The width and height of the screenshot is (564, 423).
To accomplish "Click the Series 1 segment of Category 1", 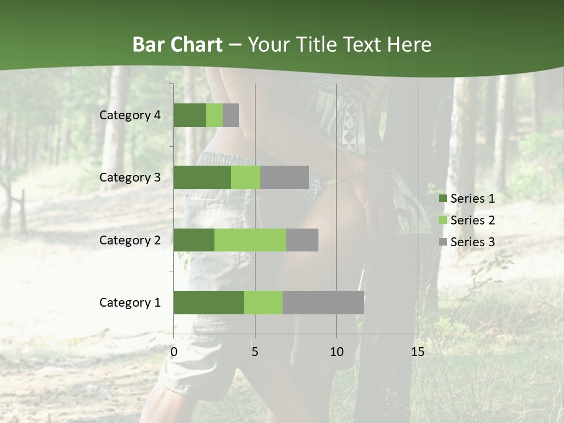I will pyautogui.click(x=209, y=303).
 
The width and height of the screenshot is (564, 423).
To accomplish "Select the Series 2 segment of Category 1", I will pyautogui.click(x=263, y=303).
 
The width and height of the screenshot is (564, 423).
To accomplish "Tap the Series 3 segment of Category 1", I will pyautogui.click(x=323, y=303).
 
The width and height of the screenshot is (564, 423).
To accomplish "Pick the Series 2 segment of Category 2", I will pyautogui.click(x=250, y=240).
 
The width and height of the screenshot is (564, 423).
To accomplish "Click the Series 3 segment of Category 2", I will pyautogui.click(x=302, y=240).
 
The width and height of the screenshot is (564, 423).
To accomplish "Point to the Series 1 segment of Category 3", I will pyautogui.click(x=202, y=177).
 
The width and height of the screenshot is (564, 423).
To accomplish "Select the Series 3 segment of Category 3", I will pyautogui.click(x=284, y=177).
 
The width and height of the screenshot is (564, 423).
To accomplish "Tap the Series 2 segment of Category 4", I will pyautogui.click(x=214, y=115).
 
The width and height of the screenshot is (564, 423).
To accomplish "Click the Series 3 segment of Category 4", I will pyautogui.click(x=231, y=115).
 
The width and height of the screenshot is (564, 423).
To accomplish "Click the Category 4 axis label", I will pyautogui.click(x=130, y=115).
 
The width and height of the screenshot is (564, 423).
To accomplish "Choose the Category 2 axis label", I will pyautogui.click(x=130, y=240).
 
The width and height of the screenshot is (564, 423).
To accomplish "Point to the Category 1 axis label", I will pyautogui.click(x=130, y=303).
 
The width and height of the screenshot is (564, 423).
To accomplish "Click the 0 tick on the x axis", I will pyautogui.click(x=174, y=352).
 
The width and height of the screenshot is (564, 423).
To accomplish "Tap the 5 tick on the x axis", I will pyautogui.click(x=255, y=352).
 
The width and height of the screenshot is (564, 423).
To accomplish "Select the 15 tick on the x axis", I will pyautogui.click(x=417, y=352).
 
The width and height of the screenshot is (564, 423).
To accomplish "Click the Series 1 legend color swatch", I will pyautogui.click(x=442, y=199).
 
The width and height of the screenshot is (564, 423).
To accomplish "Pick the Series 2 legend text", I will pyautogui.click(x=472, y=220).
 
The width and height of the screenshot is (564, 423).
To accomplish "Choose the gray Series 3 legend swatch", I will pyautogui.click(x=442, y=242).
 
